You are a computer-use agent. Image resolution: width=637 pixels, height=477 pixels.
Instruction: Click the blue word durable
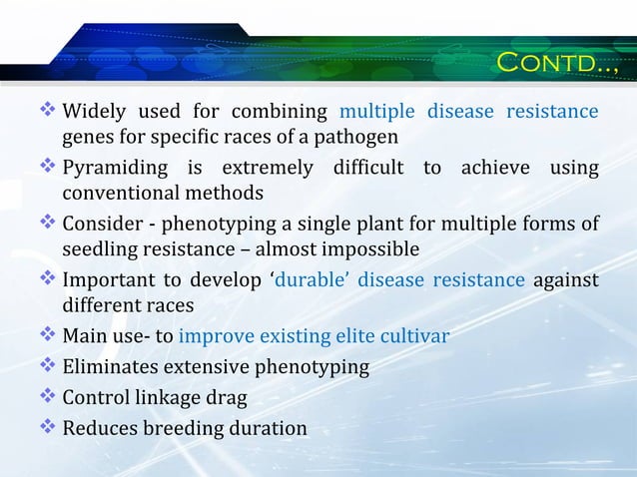click(312, 279)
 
